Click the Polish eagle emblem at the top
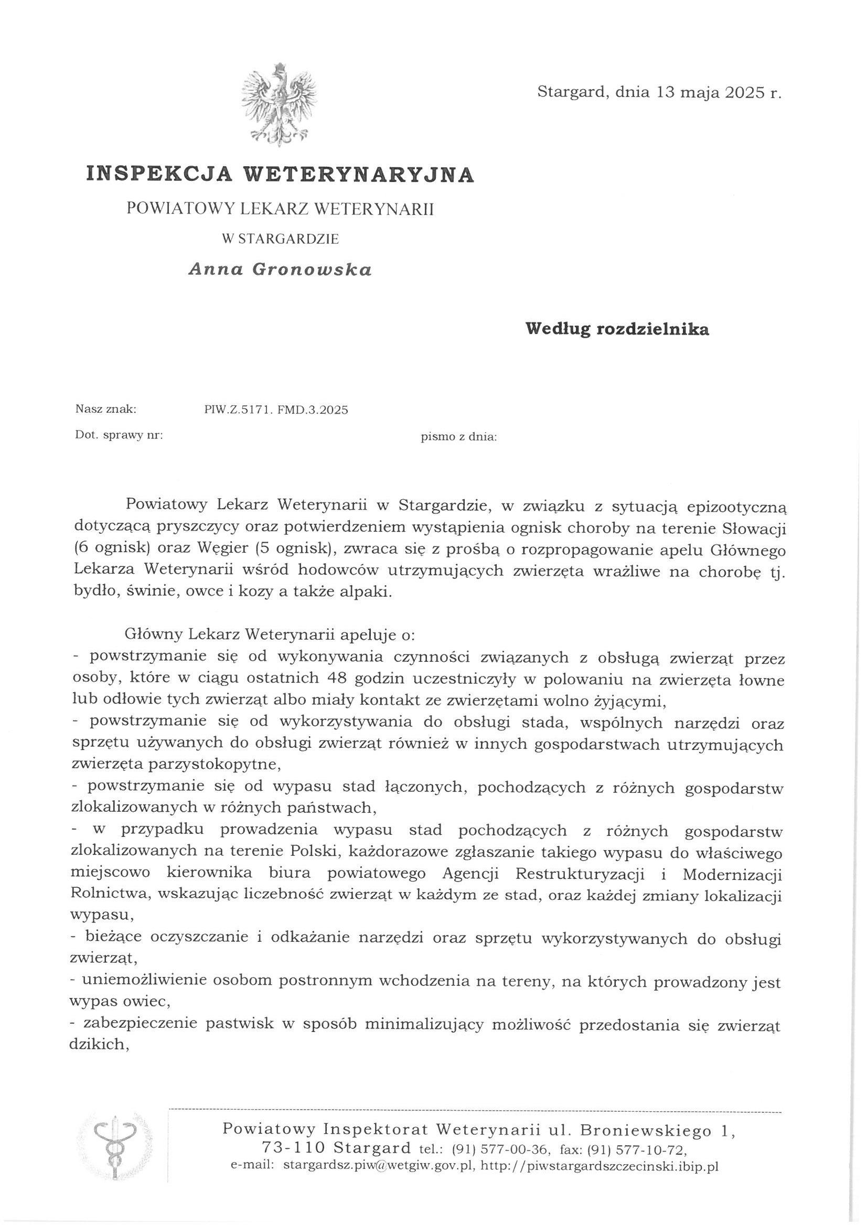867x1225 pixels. pos(278,106)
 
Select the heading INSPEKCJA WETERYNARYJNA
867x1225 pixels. pos(280,175)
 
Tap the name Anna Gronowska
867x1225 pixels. pos(280,270)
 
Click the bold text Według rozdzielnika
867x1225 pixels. pos(617,329)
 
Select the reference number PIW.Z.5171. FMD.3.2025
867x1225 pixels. pos(275,410)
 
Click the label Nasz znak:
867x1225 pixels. pos(106,410)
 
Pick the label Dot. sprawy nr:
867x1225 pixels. pos(119,435)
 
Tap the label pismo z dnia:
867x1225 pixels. pos(458,437)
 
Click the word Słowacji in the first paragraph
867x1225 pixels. pos(752,527)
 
